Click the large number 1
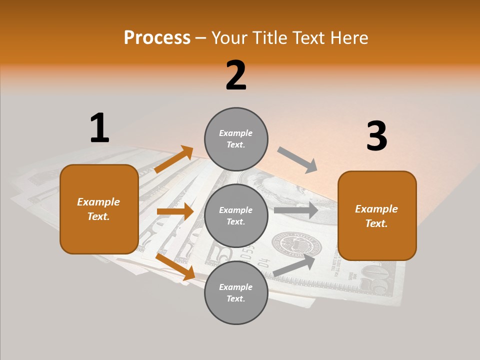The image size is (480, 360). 99,128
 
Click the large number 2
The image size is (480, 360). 236,75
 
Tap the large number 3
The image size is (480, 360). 376,136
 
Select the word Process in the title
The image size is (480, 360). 157,37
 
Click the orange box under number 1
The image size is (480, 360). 99,209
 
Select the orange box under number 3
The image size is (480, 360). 377,215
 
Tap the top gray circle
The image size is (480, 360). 236,138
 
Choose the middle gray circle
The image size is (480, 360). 236,215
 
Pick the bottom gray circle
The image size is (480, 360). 236,292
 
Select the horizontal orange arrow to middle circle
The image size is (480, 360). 175,211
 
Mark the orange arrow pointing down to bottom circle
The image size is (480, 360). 175,266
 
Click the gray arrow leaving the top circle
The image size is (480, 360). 297,160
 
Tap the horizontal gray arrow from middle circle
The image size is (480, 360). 295,210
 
